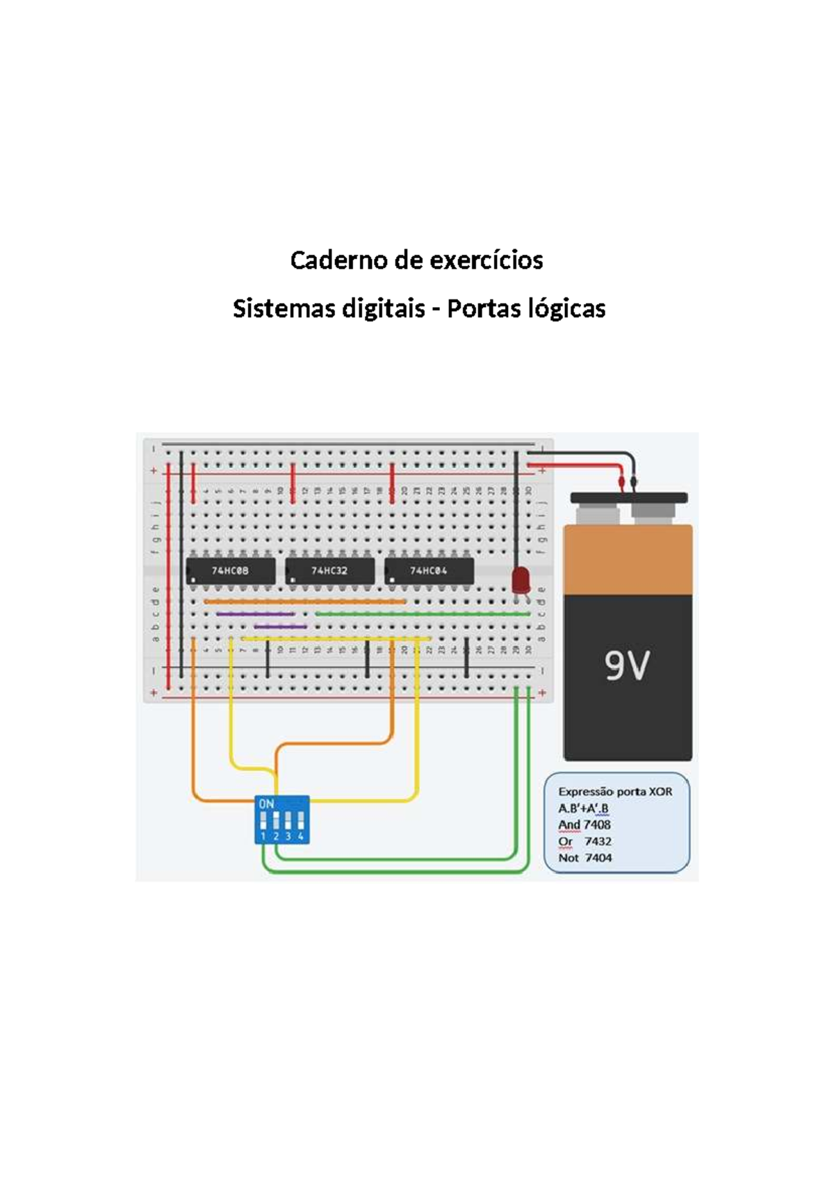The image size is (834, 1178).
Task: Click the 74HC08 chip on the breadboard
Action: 230,571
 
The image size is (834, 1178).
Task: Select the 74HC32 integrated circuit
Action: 329,571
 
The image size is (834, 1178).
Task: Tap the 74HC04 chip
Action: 429,571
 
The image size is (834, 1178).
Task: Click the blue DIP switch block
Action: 282,820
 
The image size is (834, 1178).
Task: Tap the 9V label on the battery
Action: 627,667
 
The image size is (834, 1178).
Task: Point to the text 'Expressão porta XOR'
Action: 615,791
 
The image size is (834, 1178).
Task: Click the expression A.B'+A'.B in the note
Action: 583,808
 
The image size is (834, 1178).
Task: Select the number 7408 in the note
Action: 597,824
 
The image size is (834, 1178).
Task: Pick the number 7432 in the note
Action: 598,841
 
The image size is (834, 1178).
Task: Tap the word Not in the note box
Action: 568,858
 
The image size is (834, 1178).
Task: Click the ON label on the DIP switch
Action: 266,804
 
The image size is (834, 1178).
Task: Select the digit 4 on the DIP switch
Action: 300,836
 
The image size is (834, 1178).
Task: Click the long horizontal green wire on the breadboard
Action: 423,614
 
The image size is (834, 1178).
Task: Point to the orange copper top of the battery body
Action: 628,559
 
